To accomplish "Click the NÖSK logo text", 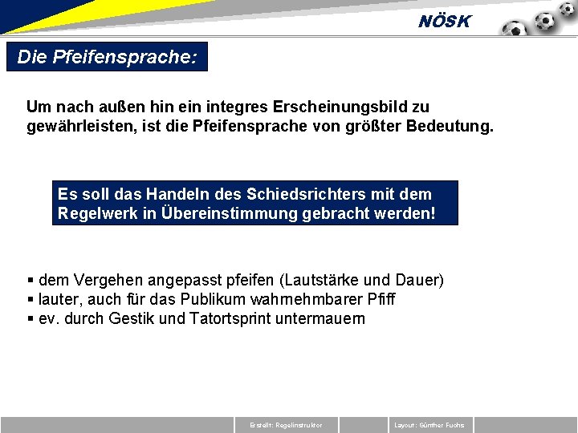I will tap(445, 22).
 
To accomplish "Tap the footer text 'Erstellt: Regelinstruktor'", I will tap(286, 425).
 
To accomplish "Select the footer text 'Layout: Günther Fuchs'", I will tap(429, 425).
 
